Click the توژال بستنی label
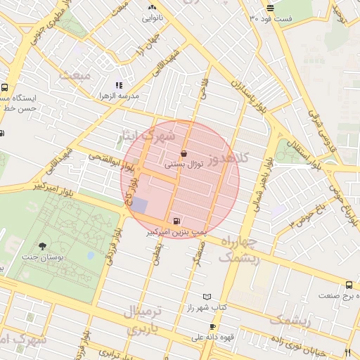click(184, 164)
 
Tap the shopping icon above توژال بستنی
click(184, 153)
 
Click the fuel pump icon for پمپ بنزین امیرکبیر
click(174, 220)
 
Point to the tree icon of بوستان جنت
click(43, 246)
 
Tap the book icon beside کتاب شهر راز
click(206, 297)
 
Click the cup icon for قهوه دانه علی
click(212, 327)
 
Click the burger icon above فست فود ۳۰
click(270, 8)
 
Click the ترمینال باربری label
click(143, 319)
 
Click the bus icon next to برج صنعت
click(349, 285)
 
